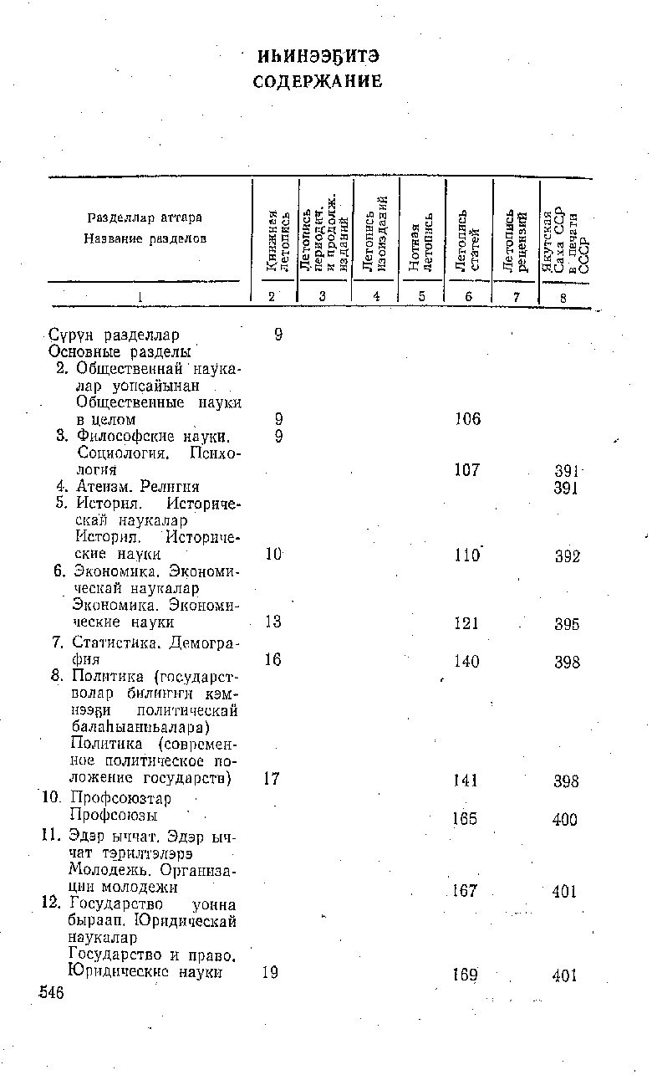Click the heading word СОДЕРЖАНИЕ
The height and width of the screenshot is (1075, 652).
pyautogui.click(x=318, y=82)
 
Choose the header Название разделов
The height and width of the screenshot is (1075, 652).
pyautogui.click(x=145, y=238)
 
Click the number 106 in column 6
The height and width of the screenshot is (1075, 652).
pyautogui.click(x=467, y=418)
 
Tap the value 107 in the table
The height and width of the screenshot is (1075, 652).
pyautogui.click(x=467, y=470)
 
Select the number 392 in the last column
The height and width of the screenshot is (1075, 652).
pyautogui.click(x=567, y=556)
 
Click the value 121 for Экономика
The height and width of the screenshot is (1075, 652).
pyautogui.click(x=466, y=624)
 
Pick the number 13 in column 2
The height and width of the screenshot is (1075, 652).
pyautogui.click(x=272, y=623)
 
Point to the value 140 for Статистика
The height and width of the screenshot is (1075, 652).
pyautogui.click(x=466, y=662)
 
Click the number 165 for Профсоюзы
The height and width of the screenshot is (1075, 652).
pyautogui.click(x=465, y=818)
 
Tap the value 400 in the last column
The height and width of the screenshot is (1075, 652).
pyautogui.click(x=565, y=820)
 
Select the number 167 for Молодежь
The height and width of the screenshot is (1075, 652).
pyautogui.click(x=465, y=891)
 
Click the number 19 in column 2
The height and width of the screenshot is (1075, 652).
pyautogui.click(x=270, y=973)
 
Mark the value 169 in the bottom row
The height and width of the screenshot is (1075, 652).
pyautogui.click(x=465, y=975)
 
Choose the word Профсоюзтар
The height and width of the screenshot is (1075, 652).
pyautogui.click(x=121, y=798)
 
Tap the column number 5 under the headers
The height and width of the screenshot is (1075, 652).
pyautogui.click(x=421, y=295)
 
